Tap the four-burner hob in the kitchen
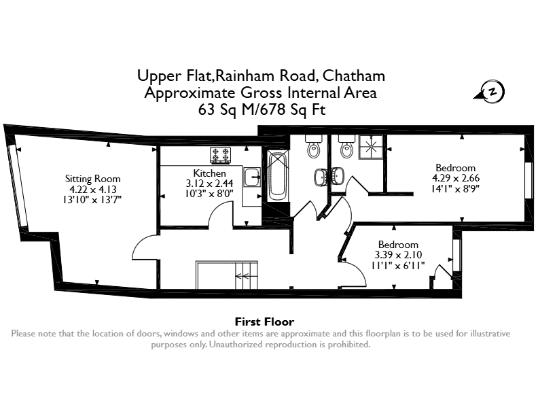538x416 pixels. pyautogui.click(x=220, y=155)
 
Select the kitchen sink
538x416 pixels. pyautogui.click(x=252, y=177)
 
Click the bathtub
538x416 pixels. pyautogui.click(x=279, y=177)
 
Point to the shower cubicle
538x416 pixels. pyautogui.click(x=371, y=147)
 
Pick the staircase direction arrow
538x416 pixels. pyautogui.click(x=243, y=275)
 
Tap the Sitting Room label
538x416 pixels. pyautogui.click(x=92, y=179)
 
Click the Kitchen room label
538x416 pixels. pyautogui.click(x=209, y=173)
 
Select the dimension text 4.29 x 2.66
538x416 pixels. pyautogui.click(x=456, y=178)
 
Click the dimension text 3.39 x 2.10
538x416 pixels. pyautogui.click(x=398, y=255)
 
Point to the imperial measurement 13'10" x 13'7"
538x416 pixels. pyautogui.click(x=92, y=199)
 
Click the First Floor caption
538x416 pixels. pyautogui.click(x=264, y=322)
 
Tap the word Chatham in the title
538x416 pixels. pyautogui.click(x=354, y=75)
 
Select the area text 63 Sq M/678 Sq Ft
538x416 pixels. pyautogui.click(x=262, y=109)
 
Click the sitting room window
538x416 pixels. pyautogui.click(x=17, y=186)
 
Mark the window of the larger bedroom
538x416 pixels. pyautogui.click(x=528, y=180)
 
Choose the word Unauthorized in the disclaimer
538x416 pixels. pyautogui.click(x=236, y=344)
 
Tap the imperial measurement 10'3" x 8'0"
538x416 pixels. pyautogui.click(x=209, y=194)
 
